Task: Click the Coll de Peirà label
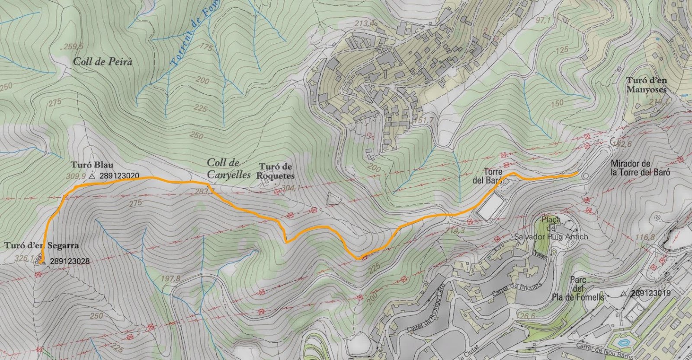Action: click(x=103, y=61)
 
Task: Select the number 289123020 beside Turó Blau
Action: click(x=119, y=176)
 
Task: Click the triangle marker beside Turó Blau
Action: click(x=92, y=177)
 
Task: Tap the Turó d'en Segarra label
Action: click(x=42, y=245)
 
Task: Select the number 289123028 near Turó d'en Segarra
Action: click(x=70, y=261)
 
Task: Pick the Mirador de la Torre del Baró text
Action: click(x=640, y=168)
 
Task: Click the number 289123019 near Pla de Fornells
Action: click(x=650, y=293)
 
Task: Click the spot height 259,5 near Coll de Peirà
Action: click(x=73, y=46)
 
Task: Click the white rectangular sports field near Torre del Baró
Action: click(x=490, y=207)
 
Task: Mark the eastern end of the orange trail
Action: click(x=577, y=174)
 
